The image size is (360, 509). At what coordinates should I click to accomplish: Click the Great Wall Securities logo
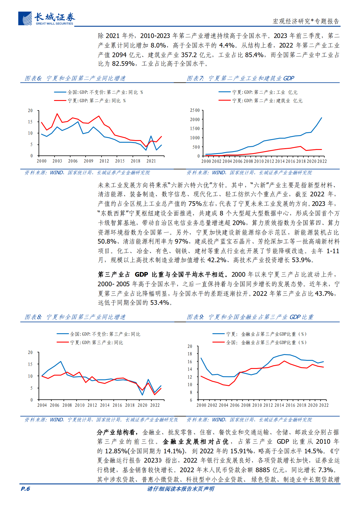click(46, 19)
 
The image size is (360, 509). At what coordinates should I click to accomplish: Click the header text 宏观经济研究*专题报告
click(306, 21)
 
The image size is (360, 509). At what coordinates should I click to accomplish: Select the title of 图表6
click(75, 78)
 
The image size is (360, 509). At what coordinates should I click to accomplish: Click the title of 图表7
click(240, 78)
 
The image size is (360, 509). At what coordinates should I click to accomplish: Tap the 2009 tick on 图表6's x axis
click(88, 161)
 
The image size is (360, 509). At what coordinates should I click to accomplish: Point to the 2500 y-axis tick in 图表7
click(195, 110)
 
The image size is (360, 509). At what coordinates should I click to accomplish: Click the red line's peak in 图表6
click(57, 114)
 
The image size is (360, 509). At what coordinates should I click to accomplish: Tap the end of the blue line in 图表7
click(321, 118)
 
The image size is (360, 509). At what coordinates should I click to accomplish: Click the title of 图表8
click(75, 317)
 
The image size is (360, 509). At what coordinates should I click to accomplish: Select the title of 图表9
click(250, 317)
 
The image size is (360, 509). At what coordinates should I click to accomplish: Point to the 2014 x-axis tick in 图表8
click(105, 405)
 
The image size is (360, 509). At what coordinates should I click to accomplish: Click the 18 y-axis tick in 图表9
click(190, 354)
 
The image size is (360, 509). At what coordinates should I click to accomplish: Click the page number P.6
click(25, 489)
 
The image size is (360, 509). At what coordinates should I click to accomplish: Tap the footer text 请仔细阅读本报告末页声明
click(180, 489)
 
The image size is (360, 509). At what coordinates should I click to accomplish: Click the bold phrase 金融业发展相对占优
click(196, 442)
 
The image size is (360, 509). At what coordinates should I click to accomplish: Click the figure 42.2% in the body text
click(217, 260)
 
